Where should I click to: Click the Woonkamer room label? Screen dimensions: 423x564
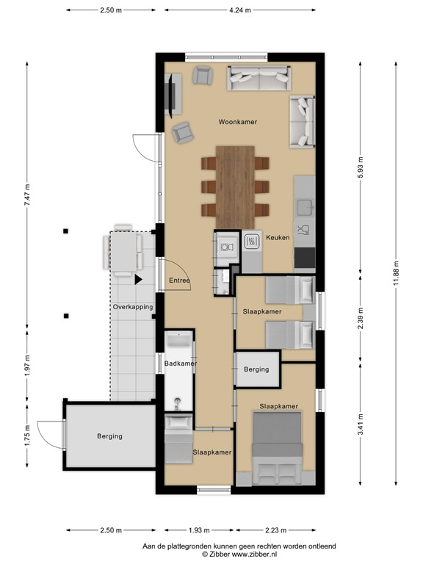238,122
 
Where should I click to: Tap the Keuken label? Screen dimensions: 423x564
278,237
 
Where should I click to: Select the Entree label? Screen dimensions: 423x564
179,281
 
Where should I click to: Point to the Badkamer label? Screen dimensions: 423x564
181,364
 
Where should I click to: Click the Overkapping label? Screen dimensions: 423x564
133,307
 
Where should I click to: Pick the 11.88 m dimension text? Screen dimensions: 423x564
396,273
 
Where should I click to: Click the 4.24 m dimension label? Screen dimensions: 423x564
240,10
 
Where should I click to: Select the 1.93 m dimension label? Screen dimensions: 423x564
199,530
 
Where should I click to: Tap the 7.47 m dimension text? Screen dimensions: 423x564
27,195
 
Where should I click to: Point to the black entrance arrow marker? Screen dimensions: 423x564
139,280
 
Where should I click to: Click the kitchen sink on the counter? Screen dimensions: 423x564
305,206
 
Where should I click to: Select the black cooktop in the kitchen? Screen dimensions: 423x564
305,258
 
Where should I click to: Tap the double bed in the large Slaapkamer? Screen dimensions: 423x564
277,448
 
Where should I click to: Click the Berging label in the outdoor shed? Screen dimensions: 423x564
109,436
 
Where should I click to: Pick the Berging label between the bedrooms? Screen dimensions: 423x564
256,369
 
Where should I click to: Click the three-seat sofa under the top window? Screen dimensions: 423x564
259,78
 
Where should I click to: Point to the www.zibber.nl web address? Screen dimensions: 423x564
254,554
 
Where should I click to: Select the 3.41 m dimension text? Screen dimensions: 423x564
361,424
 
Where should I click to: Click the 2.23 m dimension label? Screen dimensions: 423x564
275,530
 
